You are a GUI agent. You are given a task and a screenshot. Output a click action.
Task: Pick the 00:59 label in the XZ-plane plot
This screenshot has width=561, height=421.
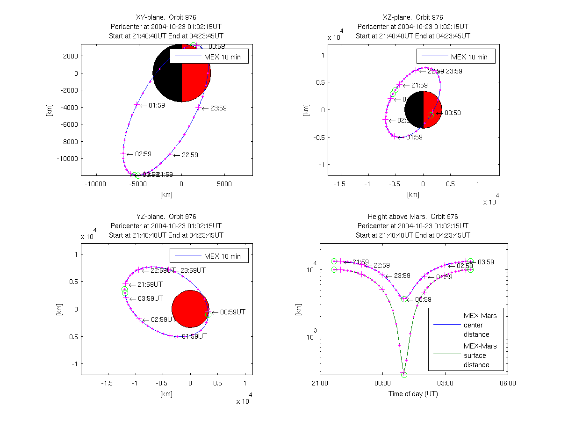[x=453, y=113]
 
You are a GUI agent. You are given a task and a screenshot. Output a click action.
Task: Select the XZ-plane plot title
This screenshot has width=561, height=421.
[x=413, y=17]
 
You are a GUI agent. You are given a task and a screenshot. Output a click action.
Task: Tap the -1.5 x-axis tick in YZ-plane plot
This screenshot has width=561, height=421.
[x=108, y=383]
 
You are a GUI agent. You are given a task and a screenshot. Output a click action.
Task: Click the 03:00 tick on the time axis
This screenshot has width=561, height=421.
[x=445, y=383]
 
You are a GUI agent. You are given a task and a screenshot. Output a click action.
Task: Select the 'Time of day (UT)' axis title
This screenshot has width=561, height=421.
[x=413, y=394]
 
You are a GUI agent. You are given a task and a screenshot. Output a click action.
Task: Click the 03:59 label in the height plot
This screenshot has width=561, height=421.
[x=486, y=262]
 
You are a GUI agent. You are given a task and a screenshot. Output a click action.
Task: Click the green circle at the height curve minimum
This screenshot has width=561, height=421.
[x=404, y=374]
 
